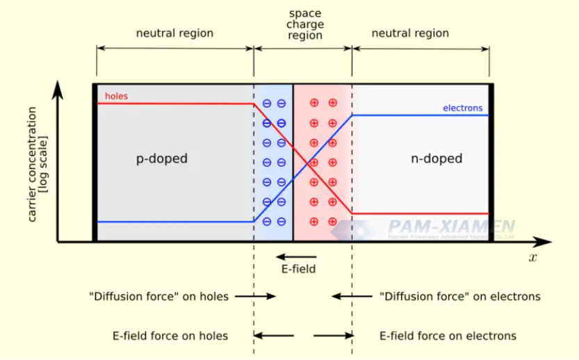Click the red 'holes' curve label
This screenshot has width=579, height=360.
click(116, 96)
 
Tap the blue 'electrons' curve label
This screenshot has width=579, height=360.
click(462, 108)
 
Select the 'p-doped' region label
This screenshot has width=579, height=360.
click(161, 158)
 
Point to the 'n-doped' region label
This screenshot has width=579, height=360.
click(437, 158)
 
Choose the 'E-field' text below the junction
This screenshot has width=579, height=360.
click(298, 268)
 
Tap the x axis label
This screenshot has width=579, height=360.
click(532, 258)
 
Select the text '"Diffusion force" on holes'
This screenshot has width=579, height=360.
click(158, 297)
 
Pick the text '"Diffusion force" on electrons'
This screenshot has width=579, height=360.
click(460, 297)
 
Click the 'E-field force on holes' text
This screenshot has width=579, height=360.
click(170, 336)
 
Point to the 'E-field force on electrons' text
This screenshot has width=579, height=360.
click(448, 336)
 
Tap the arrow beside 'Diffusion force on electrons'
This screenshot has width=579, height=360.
click(352, 297)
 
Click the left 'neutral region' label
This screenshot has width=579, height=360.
click(174, 33)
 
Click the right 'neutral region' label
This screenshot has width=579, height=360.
click(410, 33)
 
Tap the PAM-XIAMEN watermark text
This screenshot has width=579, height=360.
click(452, 227)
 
